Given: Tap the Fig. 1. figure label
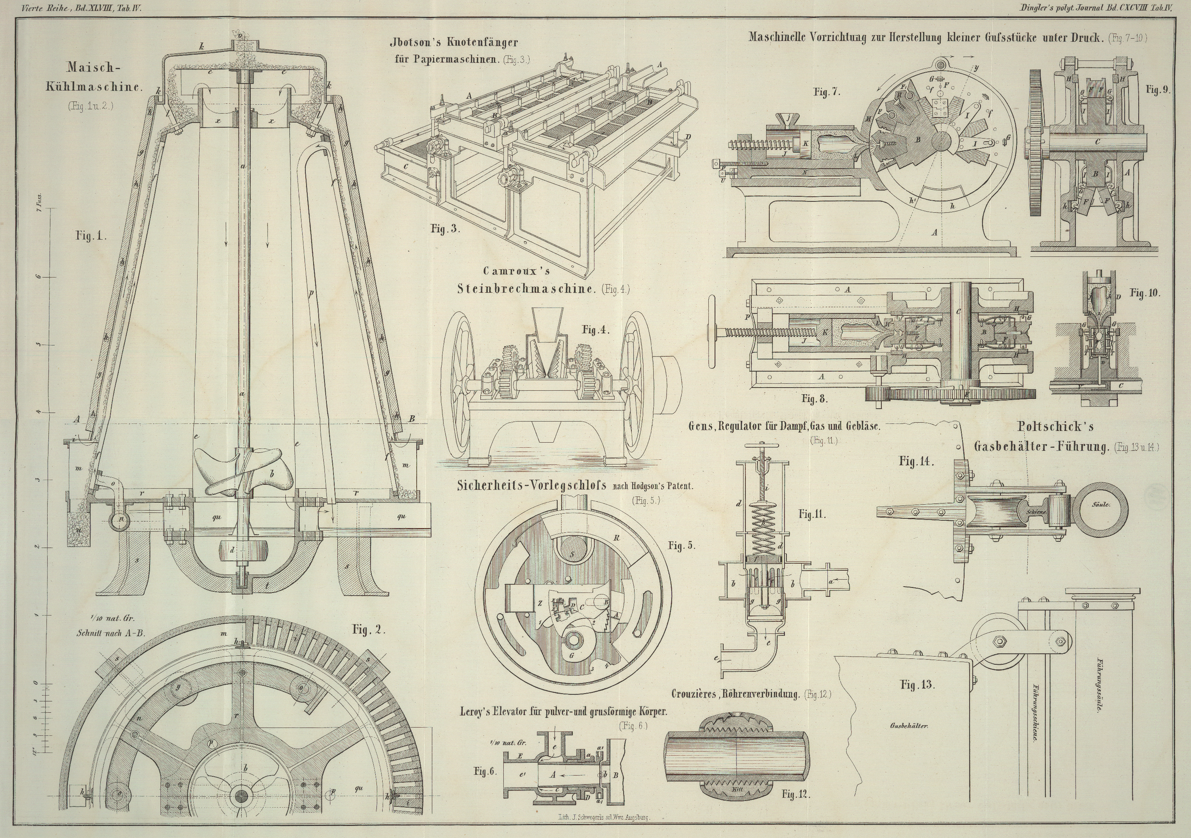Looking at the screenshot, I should click(91, 236).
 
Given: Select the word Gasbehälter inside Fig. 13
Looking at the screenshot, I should click(908, 726).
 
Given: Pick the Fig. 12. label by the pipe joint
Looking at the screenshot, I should click(796, 794).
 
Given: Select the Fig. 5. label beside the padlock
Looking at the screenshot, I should click(681, 546).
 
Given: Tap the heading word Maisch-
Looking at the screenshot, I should click(93, 68).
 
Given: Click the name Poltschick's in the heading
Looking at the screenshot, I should click(1055, 427).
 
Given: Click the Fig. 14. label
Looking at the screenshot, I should click(916, 461).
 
